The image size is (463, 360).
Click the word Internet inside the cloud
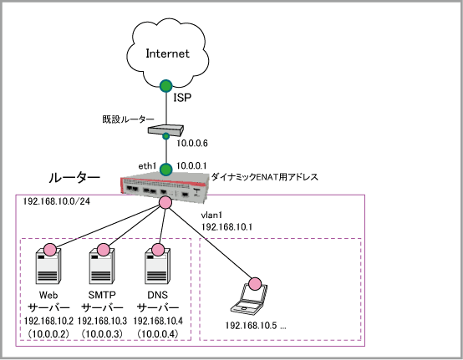167,53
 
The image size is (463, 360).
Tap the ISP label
182,98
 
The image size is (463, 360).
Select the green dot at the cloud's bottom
166,86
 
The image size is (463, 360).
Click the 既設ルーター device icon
165,130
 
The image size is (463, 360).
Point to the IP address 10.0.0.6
192,144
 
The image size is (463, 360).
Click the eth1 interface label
147,166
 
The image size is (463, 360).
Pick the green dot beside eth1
166,170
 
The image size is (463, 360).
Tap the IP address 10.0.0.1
191,166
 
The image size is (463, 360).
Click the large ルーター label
74,178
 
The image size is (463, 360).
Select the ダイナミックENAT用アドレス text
265,177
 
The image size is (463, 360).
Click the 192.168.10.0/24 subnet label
56,201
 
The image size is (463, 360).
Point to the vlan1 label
211,215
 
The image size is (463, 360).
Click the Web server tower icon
48,266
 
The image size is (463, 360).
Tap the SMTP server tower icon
102,266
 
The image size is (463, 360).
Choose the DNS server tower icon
158,266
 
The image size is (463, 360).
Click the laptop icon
249,298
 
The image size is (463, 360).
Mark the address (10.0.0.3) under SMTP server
102,334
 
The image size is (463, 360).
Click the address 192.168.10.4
158,321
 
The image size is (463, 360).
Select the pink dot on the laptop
255,284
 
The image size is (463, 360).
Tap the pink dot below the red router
165,202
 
